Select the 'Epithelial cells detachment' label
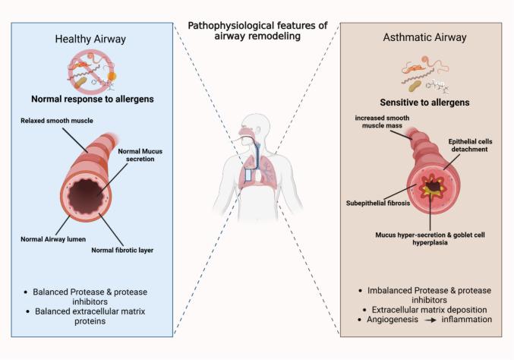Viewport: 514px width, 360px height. click(x=465, y=145)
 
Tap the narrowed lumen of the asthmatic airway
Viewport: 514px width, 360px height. click(x=436, y=184)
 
